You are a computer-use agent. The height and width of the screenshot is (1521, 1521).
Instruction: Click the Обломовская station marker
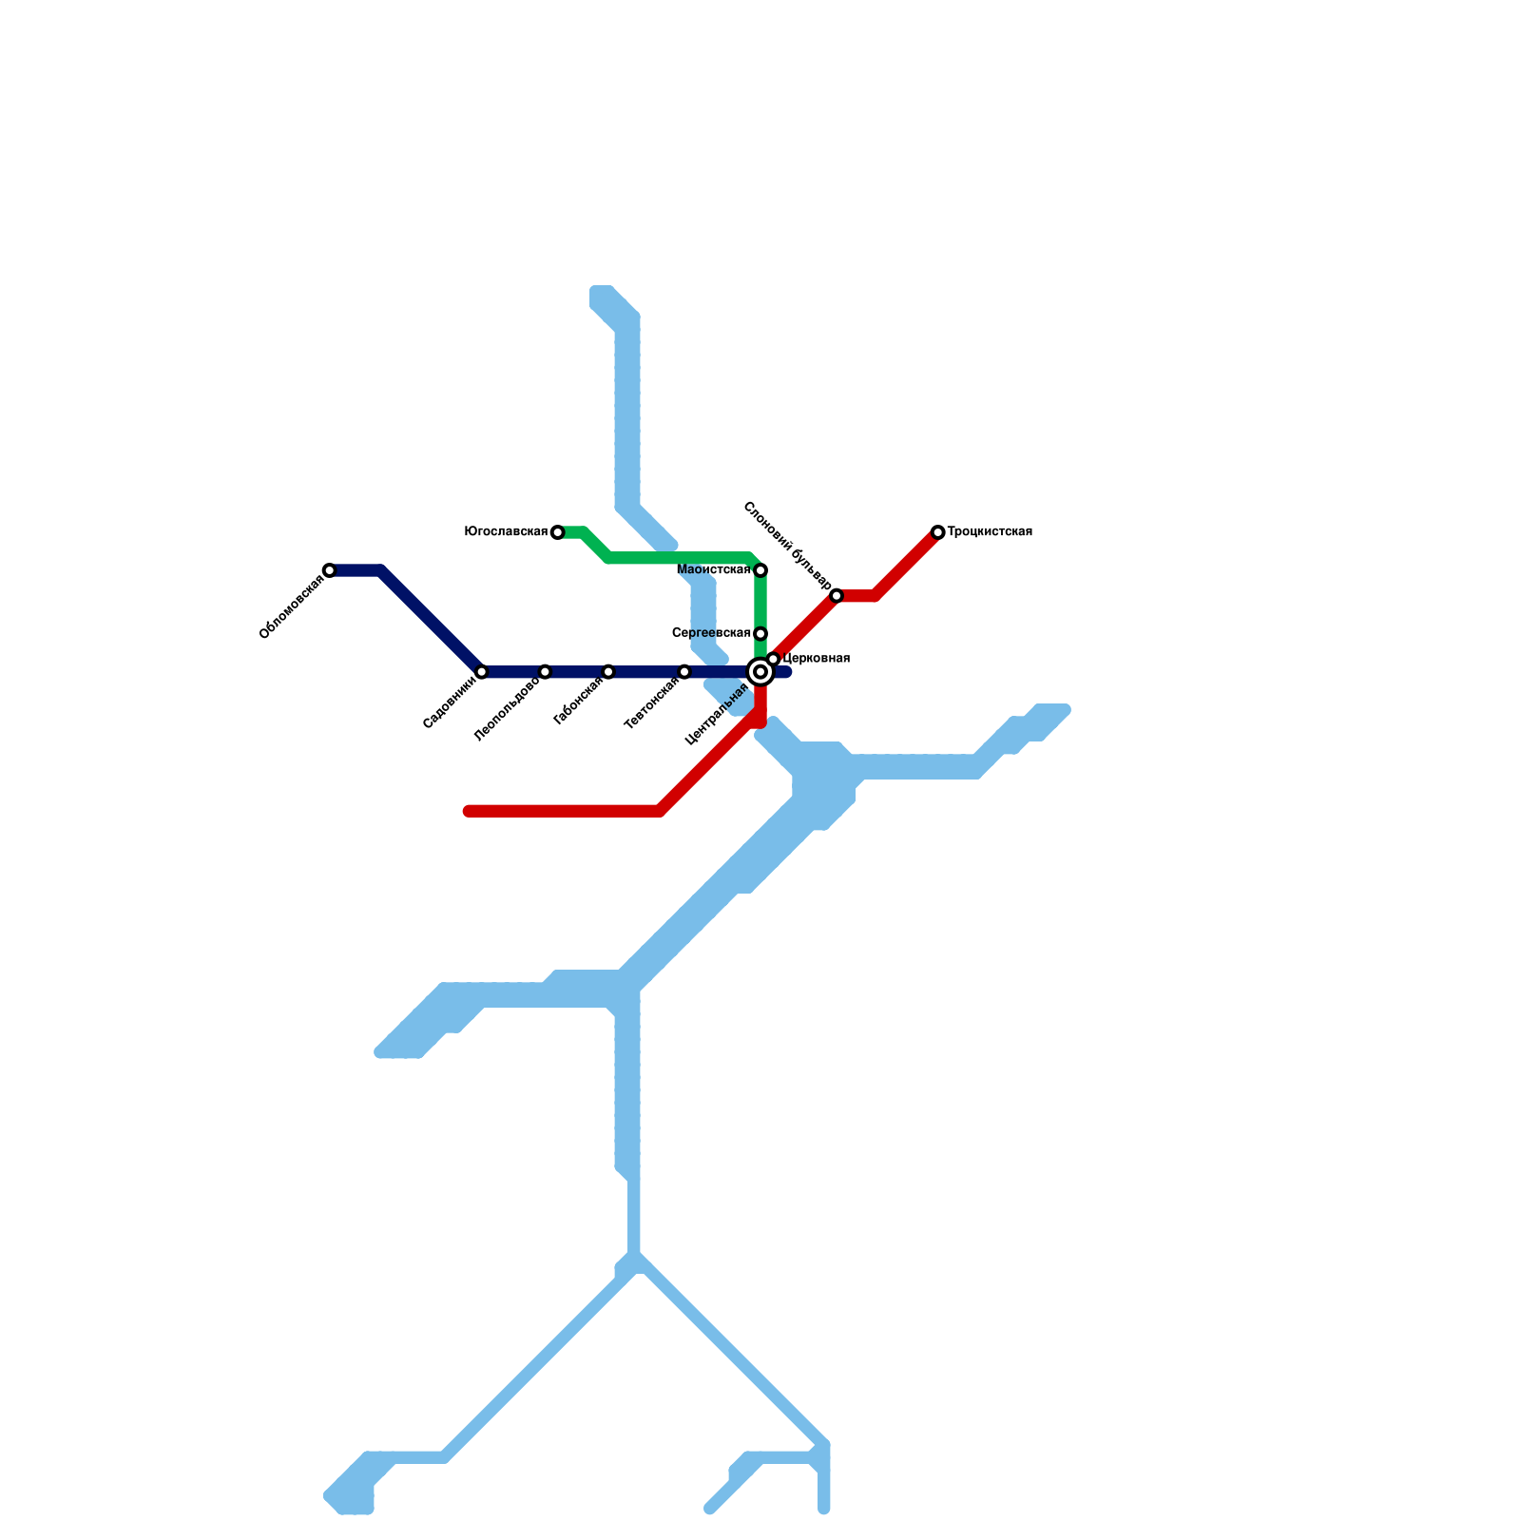(x=329, y=570)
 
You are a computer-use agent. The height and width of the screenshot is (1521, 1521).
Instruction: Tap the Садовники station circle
(x=481, y=672)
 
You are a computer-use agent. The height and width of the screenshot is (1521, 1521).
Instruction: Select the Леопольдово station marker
(x=545, y=672)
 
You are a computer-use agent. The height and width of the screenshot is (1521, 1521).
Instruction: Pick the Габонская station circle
(x=608, y=672)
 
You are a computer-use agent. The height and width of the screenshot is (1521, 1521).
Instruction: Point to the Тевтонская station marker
(x=684, y=672)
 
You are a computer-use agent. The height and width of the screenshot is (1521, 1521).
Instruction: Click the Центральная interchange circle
(x=760, y=672)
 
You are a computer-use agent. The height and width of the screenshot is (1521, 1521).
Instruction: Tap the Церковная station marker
(x=774, y=659)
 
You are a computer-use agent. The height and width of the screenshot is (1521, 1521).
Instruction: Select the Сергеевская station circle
(x=760, y=634)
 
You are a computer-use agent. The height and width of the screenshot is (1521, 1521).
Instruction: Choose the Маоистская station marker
(x=760, y=570)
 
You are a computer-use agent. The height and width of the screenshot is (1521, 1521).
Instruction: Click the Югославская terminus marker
(x=557, y=532)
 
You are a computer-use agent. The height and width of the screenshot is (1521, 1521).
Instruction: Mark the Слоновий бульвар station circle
(x=837, y=596)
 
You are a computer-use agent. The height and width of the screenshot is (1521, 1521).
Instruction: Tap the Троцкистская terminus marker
(x=938, y=532)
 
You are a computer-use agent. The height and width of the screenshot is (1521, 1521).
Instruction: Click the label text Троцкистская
(x=990, y=532)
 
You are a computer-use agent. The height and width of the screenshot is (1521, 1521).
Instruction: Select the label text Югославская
(x=506, y=532)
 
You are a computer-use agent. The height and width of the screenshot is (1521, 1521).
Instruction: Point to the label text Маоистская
(x=714, y=570)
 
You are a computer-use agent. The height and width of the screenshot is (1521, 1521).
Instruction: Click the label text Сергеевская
(x=711, y=633)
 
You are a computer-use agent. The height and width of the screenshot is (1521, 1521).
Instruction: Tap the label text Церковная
(x=816, y=659)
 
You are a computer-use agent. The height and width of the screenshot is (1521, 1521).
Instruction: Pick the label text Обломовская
(x=292, y=607)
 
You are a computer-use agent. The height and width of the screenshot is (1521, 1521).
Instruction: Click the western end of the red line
(x=469, y=811)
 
